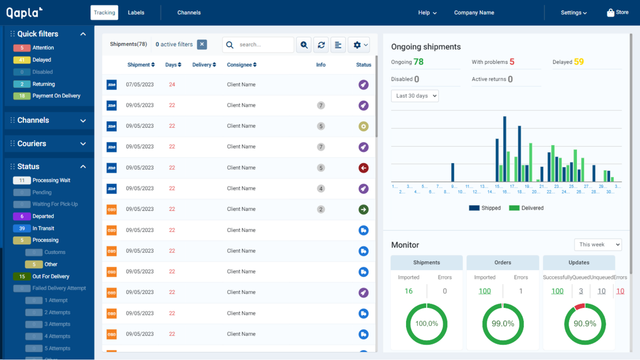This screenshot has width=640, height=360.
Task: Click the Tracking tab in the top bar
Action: [x=104, y=12]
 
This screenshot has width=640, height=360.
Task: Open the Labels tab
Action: [x=136, y=12]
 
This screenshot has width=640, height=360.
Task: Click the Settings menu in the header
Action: [x=573, y=12]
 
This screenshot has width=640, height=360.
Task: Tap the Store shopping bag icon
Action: [x=610, y=12]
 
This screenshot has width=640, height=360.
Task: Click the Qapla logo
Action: [x=24, y=12]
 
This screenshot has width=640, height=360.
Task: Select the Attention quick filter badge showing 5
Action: [x=22, y=48]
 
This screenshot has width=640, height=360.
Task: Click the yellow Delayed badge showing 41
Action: [x=22, y=60]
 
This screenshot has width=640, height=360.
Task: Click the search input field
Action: [x=263, y=44]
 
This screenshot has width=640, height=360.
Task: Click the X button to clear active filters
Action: [x=202, y=44]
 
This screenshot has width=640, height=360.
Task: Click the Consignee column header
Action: [x=241, y=65]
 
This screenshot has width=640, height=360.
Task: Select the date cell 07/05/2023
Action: [x=139, y=84]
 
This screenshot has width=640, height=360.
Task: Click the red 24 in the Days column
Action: [x=172, y=84]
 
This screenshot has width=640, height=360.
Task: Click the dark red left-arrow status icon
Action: [x=363, y=168]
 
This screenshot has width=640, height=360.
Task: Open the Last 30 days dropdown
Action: [x=414, y=96]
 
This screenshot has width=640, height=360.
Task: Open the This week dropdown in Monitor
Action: [x=597, y=244]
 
